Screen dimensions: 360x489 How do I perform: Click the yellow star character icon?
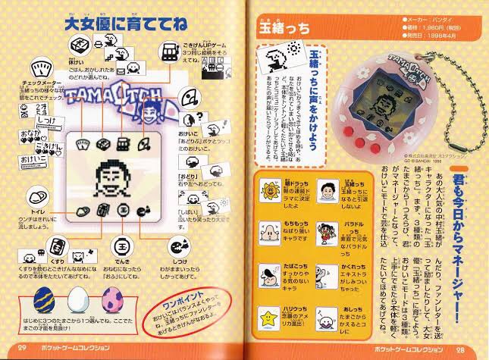[268, 311]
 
